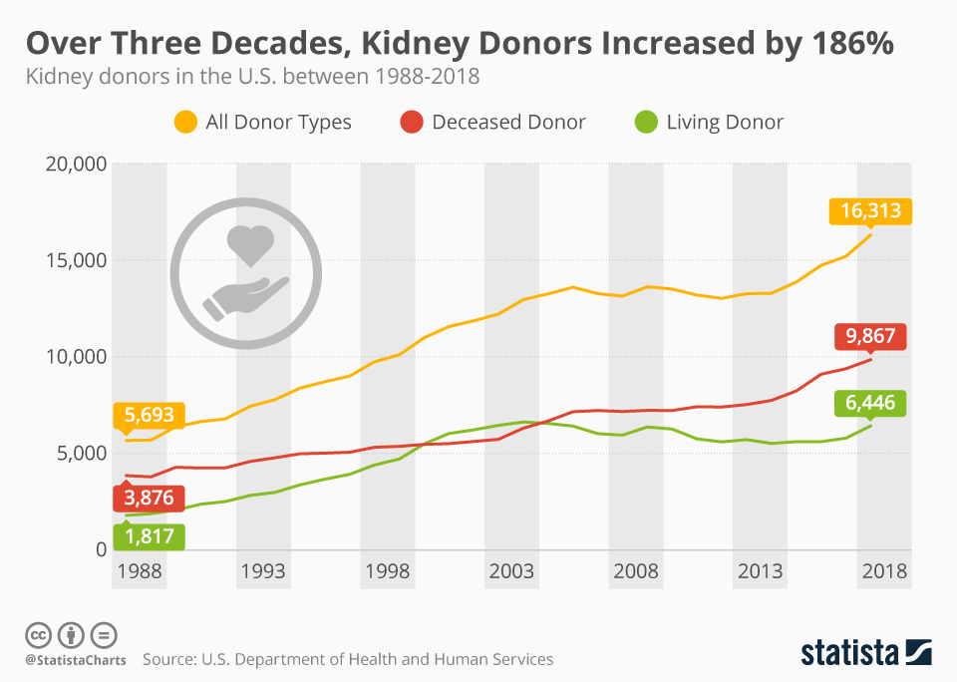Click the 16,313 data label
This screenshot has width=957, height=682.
point(870,210)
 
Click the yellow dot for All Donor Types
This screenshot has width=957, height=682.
point(185,123)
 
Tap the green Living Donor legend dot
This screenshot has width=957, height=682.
point(646,123)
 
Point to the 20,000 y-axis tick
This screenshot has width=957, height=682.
point(77,164)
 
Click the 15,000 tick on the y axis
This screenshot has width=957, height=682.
point(77,260)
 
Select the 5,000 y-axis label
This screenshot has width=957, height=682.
point(82,453)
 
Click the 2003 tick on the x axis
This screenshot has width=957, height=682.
point(510,571)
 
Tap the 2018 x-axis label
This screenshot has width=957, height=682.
point(884,571)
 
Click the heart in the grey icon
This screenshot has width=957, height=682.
point(248,243)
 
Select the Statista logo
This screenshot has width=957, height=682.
point(866,652)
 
